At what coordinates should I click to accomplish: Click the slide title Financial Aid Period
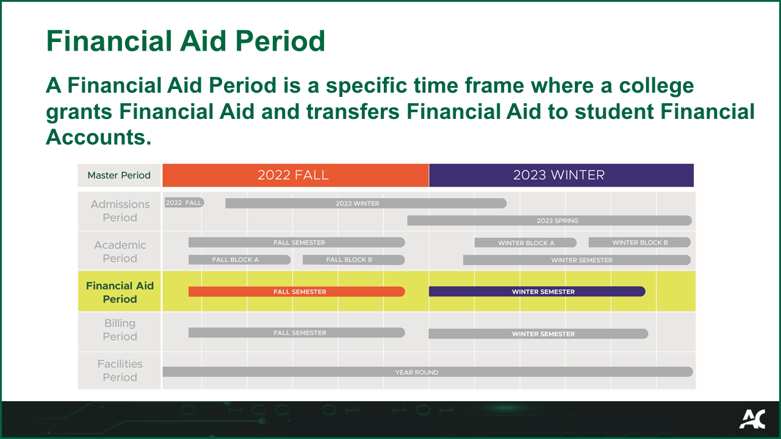[x=185, y=41]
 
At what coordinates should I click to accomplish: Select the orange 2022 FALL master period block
[x=295, y=175]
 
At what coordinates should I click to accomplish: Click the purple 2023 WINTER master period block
[x=561, y=175]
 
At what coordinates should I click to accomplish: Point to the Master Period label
[x=119, y=176]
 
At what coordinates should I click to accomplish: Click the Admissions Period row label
[x=120, y=211]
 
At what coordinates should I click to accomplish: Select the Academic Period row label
[x=120, y=251]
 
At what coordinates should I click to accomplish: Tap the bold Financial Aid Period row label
[x=120, y=292]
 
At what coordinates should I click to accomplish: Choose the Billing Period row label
[x=120, y=330]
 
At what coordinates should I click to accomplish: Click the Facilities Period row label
[x=120, y=370]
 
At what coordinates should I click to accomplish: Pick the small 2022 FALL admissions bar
[x=184, y=202]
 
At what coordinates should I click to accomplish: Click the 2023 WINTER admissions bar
[x=365, y=203]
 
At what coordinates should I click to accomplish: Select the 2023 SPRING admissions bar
[x=549, y=220]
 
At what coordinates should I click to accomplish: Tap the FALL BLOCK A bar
[x=239, y=260]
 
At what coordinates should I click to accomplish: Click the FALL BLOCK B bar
[x=353, y=260]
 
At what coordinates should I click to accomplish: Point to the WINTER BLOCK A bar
[x=525, y=243]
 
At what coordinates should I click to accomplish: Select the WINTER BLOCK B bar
[x=639, y=242]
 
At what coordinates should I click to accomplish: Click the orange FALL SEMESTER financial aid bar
[x=297, y=291]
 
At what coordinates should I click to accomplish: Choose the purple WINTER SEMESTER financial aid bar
[x=537, y=291]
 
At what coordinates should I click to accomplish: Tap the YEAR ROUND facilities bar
[x=427, y=372]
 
